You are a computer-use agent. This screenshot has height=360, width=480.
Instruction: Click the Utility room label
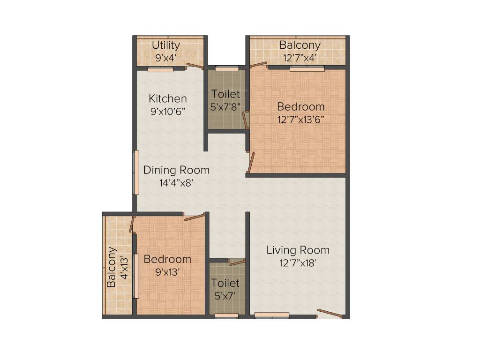[x=166, y=45]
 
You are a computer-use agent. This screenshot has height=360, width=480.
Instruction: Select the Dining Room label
[x=176, y=170]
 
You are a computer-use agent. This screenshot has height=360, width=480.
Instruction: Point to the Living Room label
[x=298, y=250]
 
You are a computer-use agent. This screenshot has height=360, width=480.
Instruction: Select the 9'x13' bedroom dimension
[x=167, y=271]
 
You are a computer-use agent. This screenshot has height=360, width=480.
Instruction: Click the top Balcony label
[x=300, y=45]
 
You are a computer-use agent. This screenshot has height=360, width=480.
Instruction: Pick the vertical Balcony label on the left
[x=111, y=267]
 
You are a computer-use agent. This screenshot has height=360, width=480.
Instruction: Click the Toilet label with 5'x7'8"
[x=225, y=94]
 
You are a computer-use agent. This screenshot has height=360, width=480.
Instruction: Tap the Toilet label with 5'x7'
[x=225, y=283]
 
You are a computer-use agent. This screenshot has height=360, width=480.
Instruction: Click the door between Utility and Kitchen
[x=195, y=66]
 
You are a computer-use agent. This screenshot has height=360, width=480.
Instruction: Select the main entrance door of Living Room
[x=330, y=314]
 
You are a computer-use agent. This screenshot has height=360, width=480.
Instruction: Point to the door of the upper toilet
[x=245, y=120]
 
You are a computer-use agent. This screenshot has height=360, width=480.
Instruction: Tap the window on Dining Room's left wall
[x=136, y=172]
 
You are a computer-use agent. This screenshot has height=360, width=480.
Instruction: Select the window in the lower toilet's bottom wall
[x=226, y=315]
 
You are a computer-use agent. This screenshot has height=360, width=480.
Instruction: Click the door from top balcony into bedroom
[x=258, y=65]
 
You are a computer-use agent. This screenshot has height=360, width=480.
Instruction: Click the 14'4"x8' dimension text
[x=175, y=183]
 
